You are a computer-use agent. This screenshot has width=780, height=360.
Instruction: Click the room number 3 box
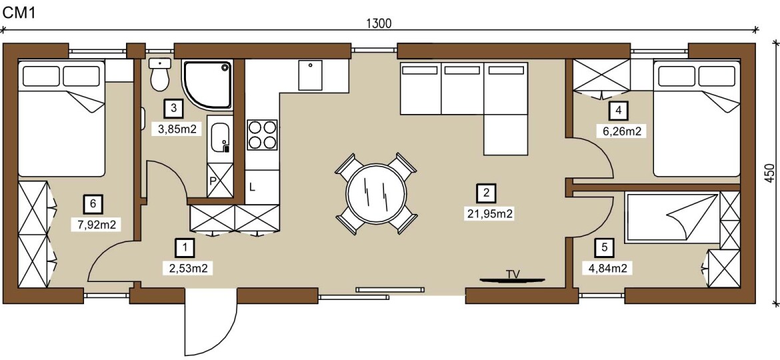(173, 107)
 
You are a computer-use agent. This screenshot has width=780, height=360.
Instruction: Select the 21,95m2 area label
(487, 214)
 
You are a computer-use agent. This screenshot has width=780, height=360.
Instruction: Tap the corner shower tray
(208, 85)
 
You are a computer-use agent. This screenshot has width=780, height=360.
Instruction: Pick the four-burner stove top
(262, 135)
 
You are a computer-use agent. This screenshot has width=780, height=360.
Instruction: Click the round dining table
(376, 193)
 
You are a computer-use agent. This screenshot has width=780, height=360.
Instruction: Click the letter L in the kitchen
(252, 187)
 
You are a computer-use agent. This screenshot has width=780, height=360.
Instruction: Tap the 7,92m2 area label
(97, 224)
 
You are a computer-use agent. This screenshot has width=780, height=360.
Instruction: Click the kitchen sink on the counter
(310, 75)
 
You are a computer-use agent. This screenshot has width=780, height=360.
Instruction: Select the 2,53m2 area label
(185, 269)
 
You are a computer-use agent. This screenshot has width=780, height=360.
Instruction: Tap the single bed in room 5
(672, 218)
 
